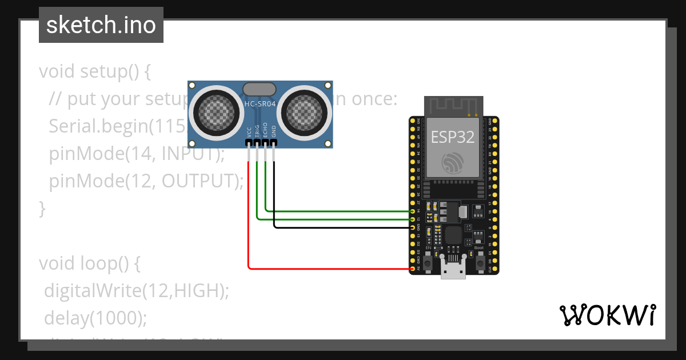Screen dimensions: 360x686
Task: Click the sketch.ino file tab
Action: tap(101, 25)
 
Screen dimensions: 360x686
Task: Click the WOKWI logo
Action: tap(607, 315)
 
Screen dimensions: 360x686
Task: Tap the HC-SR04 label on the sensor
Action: tap(260, 103)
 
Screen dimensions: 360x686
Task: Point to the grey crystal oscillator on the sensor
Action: tap(260, 89)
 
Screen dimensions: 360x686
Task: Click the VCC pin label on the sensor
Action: tap(249, 131)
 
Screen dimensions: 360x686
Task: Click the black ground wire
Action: tap(343, 227)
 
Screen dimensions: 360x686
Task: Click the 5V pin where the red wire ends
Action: tap(413, 268)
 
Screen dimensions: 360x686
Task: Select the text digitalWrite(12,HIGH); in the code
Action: tap(137, 291)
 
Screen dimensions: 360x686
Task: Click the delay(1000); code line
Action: tap(95, 318)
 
